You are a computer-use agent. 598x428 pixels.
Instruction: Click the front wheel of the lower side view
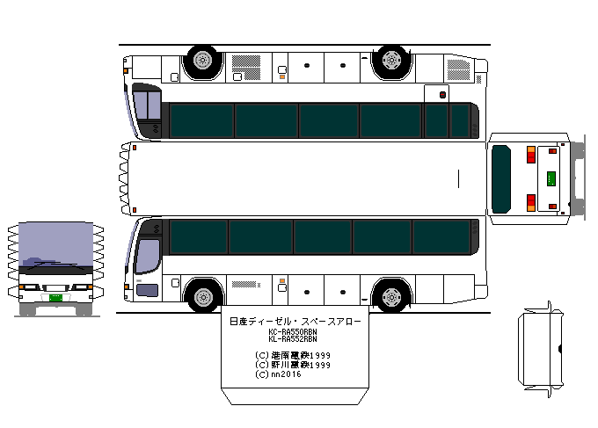204,294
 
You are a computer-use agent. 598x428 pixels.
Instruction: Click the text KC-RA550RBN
293,331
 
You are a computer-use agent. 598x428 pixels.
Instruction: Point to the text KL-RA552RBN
293,338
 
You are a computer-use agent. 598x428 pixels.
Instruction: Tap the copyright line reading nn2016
280,374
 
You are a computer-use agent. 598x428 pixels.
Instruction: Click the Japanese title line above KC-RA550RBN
294,322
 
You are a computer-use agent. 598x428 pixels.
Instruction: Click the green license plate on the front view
55,298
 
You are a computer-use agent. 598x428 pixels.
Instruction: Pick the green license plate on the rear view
551,178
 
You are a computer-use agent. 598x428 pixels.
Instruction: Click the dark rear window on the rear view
501,178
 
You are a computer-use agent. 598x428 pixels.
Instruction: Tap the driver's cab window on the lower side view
149,255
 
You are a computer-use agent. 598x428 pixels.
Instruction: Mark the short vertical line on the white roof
459,178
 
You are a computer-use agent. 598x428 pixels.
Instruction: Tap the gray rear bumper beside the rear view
577,178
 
